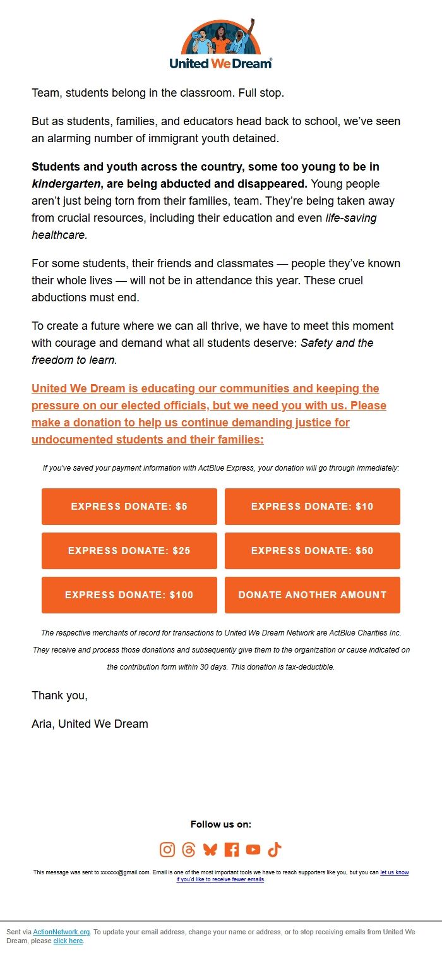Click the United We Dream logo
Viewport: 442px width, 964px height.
tap(221, 44)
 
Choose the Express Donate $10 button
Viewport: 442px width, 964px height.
tap(312, 507)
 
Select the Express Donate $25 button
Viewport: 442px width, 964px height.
tap(129, 551)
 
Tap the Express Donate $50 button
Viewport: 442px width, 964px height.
tap(312, 551)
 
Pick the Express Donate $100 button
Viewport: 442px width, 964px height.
tap(129, 595)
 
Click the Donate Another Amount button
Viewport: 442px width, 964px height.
tap(312, 595)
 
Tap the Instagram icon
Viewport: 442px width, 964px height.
tap(167, 850)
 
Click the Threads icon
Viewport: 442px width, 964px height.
tap(189, 850)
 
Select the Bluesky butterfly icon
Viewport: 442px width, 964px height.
tap(210, 850)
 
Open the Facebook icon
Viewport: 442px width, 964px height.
tap(232, 850)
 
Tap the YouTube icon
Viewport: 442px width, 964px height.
tap(253, 850)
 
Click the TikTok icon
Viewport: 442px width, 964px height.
tap(274, 850)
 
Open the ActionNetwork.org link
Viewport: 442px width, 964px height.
tap(61, 932)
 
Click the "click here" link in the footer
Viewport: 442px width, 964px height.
tap(68, 941)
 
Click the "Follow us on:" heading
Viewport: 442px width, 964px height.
tap(221, 824)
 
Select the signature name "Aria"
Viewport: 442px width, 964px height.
tap(42, 724)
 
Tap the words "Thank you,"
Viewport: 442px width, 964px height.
tap(59, 696)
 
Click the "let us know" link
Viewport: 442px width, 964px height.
tap(394, 872)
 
